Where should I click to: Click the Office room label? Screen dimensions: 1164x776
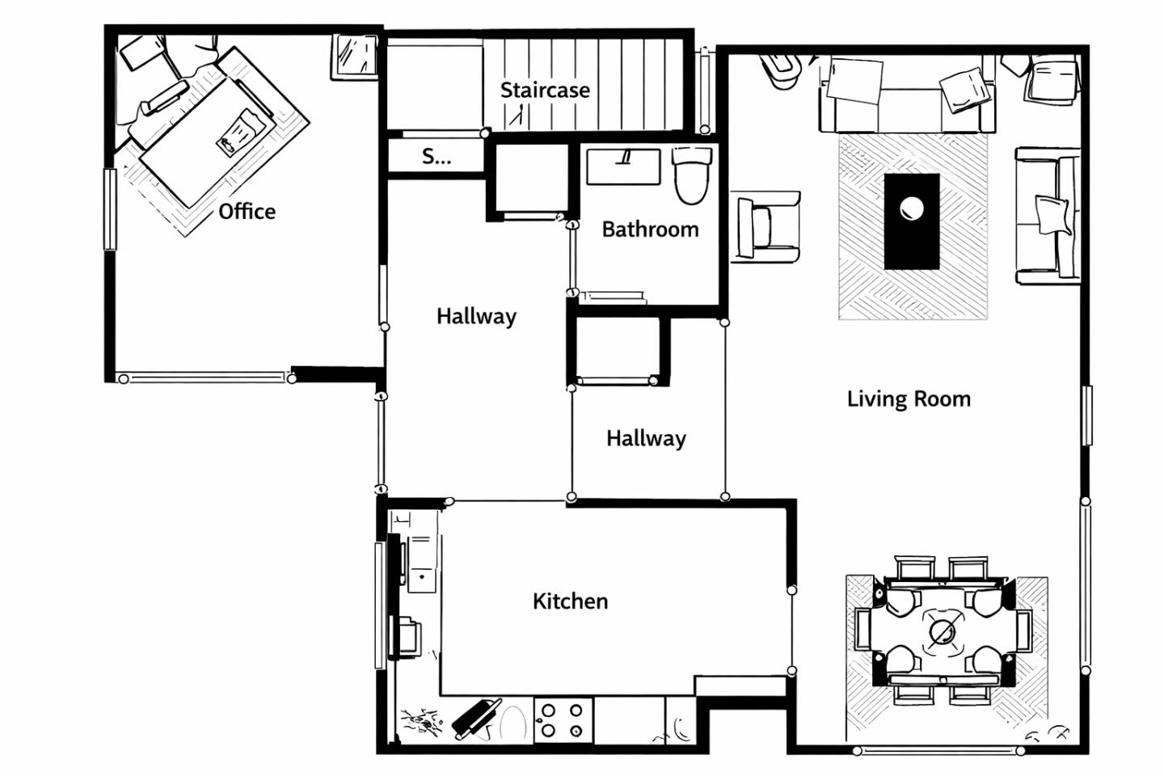[247, 212]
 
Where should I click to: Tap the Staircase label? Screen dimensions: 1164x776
[545, 91]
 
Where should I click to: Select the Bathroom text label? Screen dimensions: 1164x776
[650, 230]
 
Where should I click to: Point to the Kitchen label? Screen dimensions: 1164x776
[570, 601]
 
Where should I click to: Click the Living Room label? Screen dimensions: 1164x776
[909, 399]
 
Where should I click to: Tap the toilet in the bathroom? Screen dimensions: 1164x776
[692, 175]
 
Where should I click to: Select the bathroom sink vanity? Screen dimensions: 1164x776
[623, 167]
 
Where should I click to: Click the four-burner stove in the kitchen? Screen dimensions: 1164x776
[563, 720]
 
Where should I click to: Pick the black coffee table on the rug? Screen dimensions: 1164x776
[912, 221]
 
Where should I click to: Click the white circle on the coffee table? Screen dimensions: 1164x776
[912, 209]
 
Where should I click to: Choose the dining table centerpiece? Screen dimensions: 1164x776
[943, 633]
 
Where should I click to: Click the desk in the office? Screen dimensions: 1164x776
[208, 141]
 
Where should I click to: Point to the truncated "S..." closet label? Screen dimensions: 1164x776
[436, 156]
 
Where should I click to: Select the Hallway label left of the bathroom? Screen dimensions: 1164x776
[477, 317]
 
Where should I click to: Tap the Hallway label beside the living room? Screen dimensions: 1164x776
[646, 439]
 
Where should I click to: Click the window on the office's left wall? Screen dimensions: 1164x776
[110, 209]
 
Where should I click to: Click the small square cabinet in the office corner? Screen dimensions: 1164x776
[355, 57]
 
